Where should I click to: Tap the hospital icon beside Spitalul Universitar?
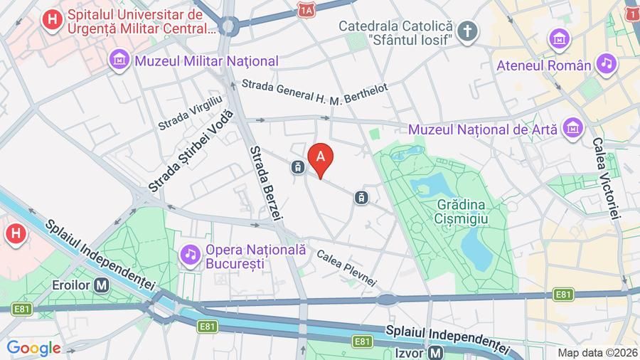coord(52,20)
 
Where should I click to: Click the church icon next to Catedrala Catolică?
coord(466,30)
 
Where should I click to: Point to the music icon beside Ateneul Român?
coord(606,64)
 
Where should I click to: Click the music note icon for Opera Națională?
coord(190,253)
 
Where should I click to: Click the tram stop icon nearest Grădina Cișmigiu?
coord(363,196)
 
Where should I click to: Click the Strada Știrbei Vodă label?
coord(190,152)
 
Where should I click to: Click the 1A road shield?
coord(306,10)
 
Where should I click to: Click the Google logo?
coord(33,348)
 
